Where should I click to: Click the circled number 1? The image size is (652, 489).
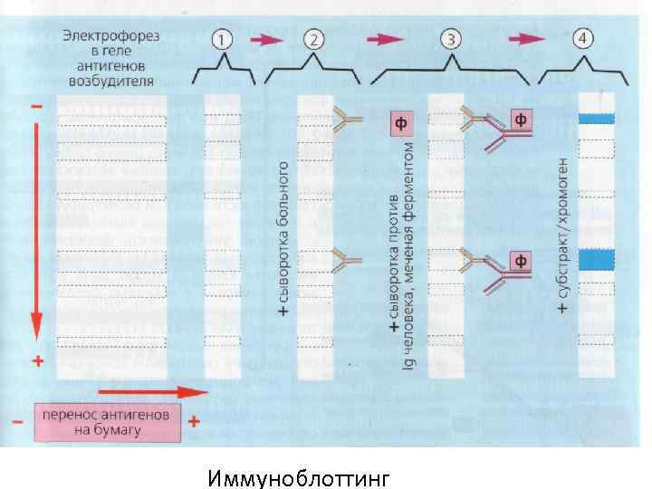(x=223, y=39)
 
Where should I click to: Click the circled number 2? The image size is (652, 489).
(x=312, y=39)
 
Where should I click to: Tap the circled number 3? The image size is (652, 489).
(x=451, y=39)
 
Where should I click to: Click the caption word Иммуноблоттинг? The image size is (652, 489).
(x=297, y=476)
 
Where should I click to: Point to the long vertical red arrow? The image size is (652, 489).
(x=37, y=226)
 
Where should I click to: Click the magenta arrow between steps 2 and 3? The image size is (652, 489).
(x=384, y=39)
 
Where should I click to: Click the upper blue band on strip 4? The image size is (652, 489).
(x=597, y=119)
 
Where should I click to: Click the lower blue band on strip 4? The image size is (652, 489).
(x=597, y=260)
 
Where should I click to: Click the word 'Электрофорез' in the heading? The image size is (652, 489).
(x=110, y=36)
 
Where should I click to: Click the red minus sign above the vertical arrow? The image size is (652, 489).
(x=36, y=106)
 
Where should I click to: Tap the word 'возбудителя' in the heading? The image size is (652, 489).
(x=110, y=80)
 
